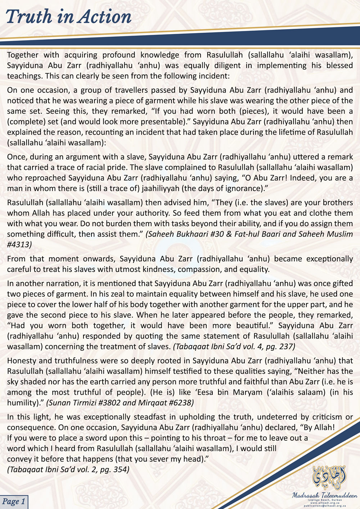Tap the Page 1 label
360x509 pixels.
pos(14,501)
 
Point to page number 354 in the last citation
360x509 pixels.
pos(121,469)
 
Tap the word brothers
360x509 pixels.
pos(336,202)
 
